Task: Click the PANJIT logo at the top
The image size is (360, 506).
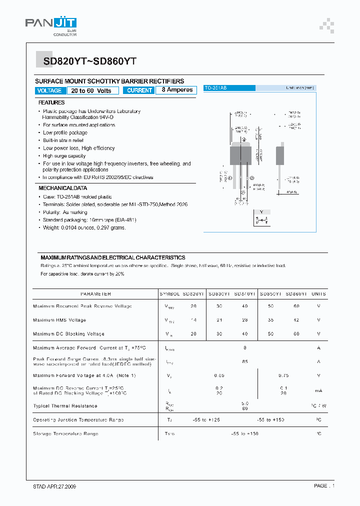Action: click(x=51, y=24)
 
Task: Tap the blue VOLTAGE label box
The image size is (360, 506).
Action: click(x=49, y=90)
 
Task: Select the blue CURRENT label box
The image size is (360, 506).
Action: click(x=139, y=90)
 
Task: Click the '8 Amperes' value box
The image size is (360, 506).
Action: click(x=176, y=90)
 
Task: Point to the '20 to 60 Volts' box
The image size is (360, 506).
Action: click(x=91, y=90)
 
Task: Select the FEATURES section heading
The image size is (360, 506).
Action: click(x=51, y=102)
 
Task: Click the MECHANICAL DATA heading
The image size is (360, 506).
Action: click(x=62, y=188)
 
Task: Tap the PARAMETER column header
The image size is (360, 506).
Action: click(x=95, y=294)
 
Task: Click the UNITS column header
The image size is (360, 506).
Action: click(x=318, y=294)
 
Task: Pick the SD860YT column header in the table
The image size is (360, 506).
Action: click(x=296, y=294)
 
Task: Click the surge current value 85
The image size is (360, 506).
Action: click(x=245, y=361)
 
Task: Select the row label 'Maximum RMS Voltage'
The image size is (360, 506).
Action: click(x=59, y=320)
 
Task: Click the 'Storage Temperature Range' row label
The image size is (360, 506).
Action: click(x=65, y=433)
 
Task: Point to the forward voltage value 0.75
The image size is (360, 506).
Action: click(x=283, y=375)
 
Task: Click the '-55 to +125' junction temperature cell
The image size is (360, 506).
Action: click(x=206, y=420)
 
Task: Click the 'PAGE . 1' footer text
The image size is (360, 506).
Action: click(x=324, y=486)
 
